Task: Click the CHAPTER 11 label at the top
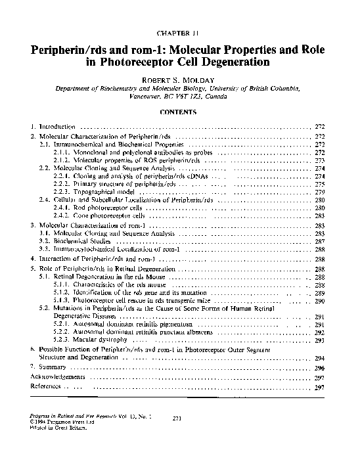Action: pos(179,32)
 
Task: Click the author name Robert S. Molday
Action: pos(179,77)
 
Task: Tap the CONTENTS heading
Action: pos(179,112)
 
